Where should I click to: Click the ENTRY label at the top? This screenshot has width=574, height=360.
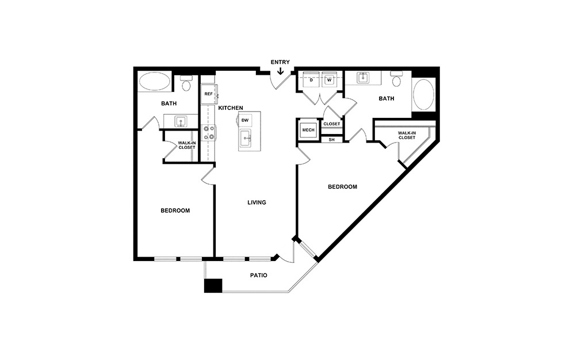point(280,62)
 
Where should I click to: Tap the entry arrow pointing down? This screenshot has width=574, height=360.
point(280,72)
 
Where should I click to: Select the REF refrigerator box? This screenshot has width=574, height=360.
point(208,94)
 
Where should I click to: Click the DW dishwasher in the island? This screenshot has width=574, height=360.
point(245,120)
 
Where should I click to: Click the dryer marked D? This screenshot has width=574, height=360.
point(311,80)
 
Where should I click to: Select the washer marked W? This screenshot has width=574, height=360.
point(329,80)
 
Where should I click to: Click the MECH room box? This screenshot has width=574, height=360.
point(308,131)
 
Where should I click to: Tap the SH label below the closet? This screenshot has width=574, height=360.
point(331,139)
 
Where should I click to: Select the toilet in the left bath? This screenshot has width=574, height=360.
point(186,85)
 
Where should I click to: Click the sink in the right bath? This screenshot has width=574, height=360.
point(363,77)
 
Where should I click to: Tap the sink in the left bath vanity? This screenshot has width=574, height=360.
point(181,121)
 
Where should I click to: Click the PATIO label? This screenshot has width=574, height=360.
point(258,275)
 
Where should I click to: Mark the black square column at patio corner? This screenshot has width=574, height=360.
point(213,286)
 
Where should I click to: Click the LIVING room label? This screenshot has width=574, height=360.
point(257,202)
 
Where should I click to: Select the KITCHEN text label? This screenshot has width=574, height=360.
point(231,108)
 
